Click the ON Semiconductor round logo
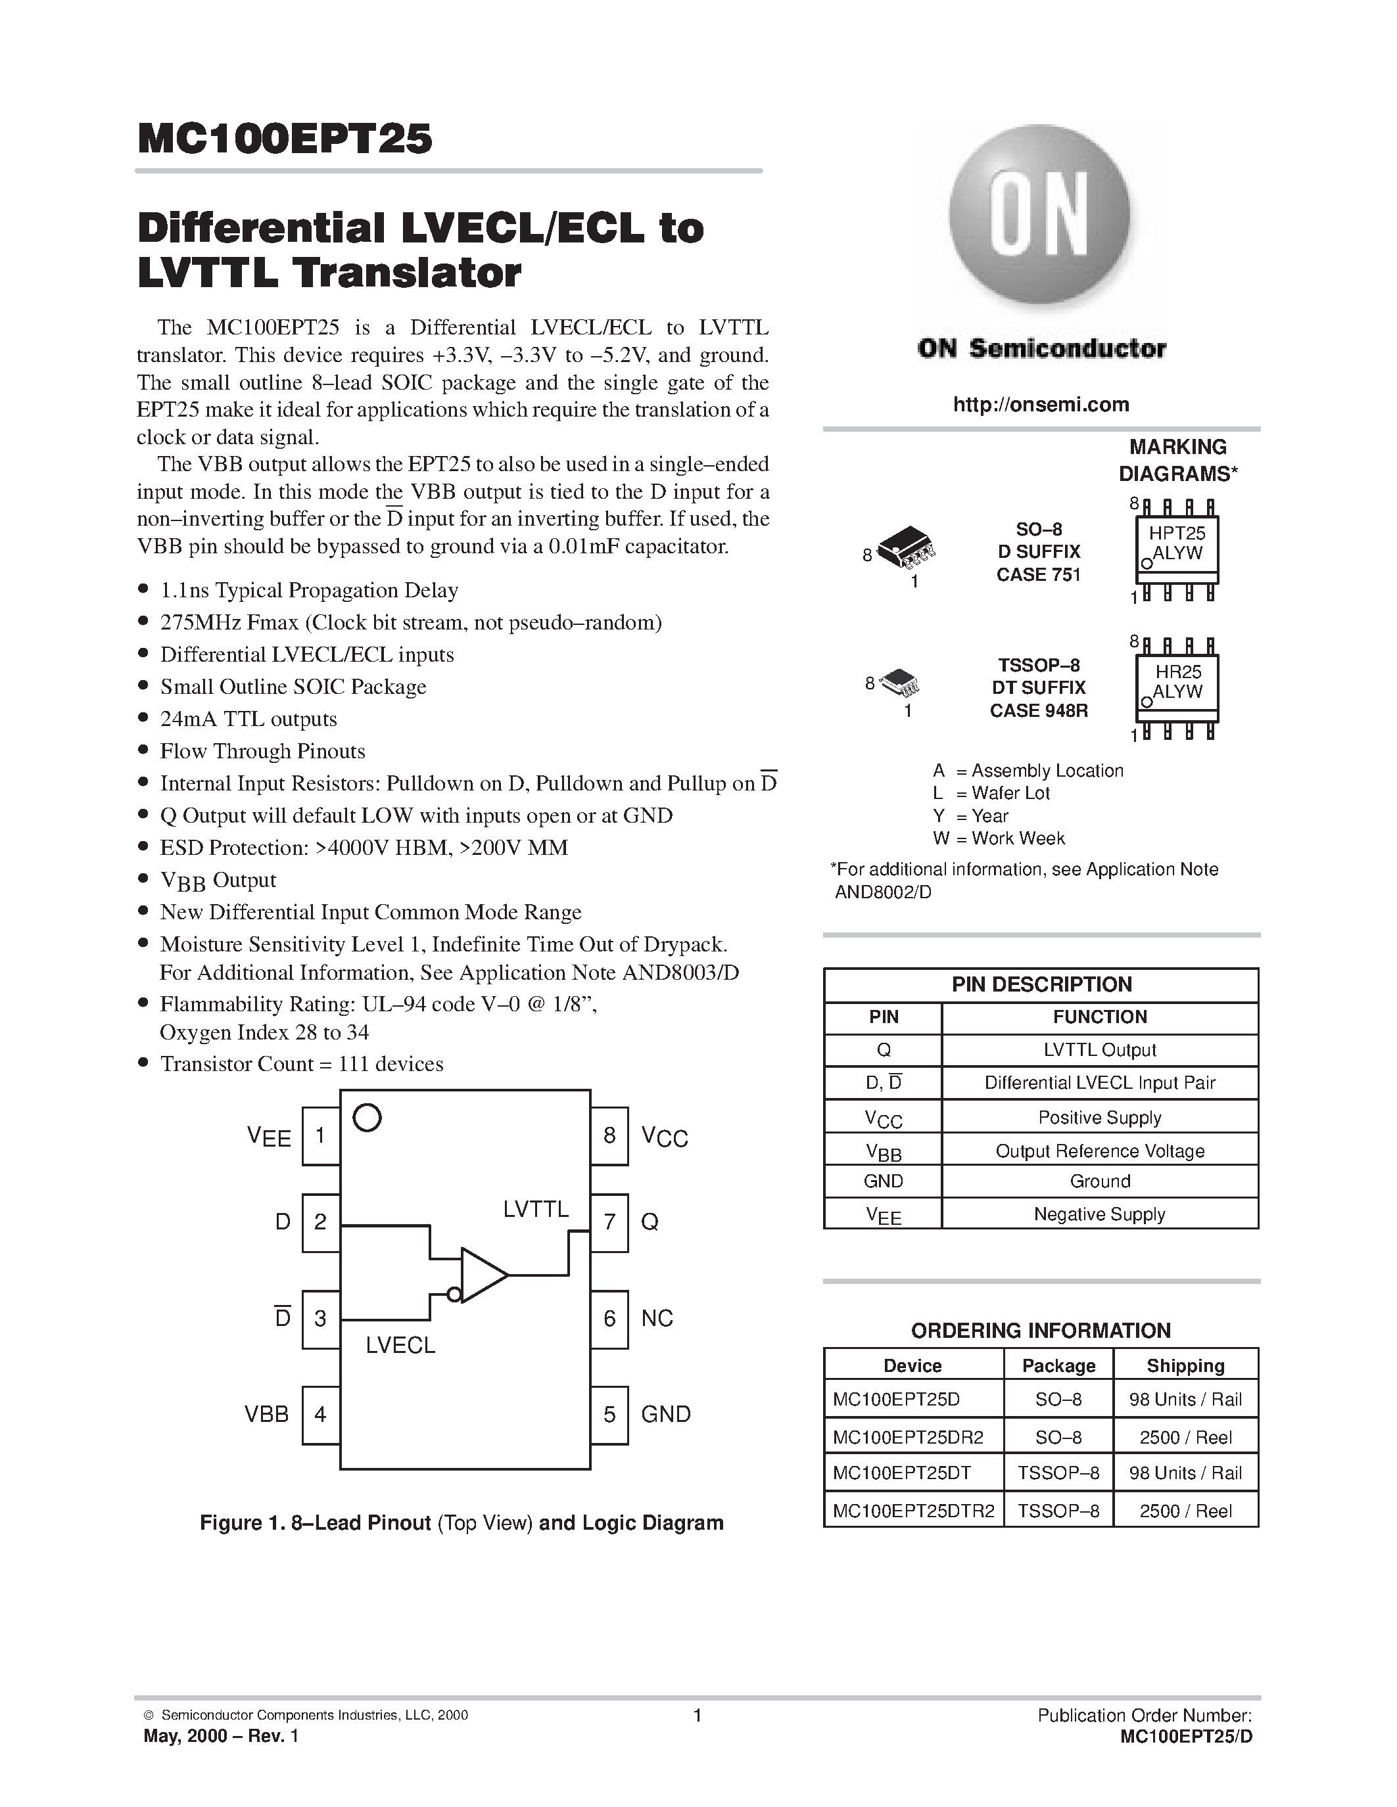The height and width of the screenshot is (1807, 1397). (1039, 217)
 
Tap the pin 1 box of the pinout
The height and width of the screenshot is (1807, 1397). (320, 1136)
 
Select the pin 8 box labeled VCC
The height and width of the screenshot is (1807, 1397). (609, 1136)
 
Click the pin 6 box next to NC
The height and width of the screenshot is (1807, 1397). (609, 1319)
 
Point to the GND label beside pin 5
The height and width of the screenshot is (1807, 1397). (665, 1414)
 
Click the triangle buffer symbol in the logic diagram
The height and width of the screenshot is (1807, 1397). (483, 1275)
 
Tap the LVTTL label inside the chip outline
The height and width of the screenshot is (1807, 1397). (535, 1210)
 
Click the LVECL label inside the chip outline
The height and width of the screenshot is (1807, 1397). (400, 1345)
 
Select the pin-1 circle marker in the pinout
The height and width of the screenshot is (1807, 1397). (367, 1118)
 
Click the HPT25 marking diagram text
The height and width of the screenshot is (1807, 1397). (1177, 534)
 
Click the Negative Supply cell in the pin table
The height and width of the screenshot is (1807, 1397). (1099, 1214)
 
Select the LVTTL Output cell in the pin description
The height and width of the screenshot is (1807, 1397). (1099, 1050)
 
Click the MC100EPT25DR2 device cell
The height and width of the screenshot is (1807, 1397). (908, 1437)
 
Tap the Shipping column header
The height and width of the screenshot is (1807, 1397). (1185, 1365)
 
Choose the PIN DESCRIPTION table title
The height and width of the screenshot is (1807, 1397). (1041, 984)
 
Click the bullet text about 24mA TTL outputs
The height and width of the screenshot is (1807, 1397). (249, 719)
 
